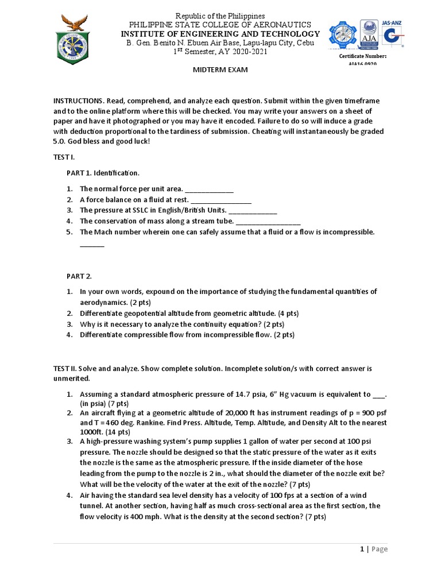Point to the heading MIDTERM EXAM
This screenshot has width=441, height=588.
(x=220, y=69)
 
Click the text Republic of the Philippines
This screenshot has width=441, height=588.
(x=220, y=16)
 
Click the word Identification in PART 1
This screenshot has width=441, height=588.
(x=117, y=173)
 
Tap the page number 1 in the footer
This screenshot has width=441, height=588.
(x=362, y=549)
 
